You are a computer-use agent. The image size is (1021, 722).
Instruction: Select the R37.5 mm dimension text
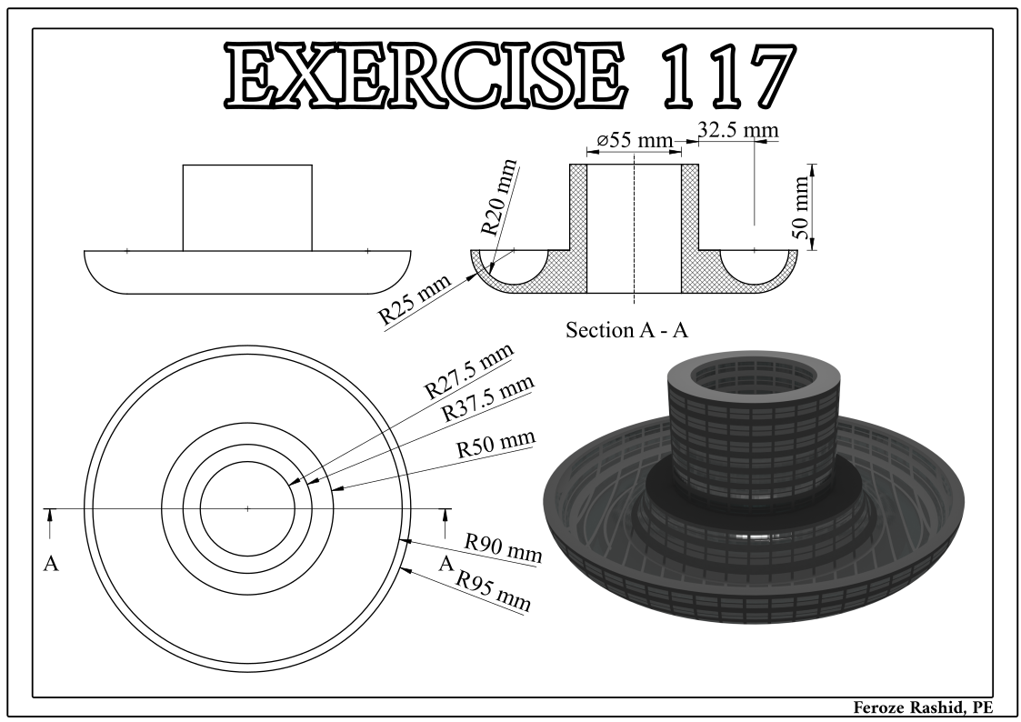click(x=486, y=397)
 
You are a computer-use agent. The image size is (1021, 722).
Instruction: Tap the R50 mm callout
click(x=495, y=445)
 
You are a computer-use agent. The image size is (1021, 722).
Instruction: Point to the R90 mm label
click(x=503, y=547)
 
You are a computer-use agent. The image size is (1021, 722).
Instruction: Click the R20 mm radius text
click(x=498, y=197)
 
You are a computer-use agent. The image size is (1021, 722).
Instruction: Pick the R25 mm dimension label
click(x=415, y=302)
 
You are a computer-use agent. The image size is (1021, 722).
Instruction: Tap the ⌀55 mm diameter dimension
click(x=634, y=141)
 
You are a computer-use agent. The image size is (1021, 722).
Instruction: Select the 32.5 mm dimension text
click(x=737, y=130)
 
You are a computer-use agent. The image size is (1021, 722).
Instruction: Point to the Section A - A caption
click(x=626, y=329)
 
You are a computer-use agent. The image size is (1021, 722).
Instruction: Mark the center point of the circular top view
click(x=247, y=508)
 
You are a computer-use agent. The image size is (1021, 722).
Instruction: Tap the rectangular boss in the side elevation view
click(x=247, y=207)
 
